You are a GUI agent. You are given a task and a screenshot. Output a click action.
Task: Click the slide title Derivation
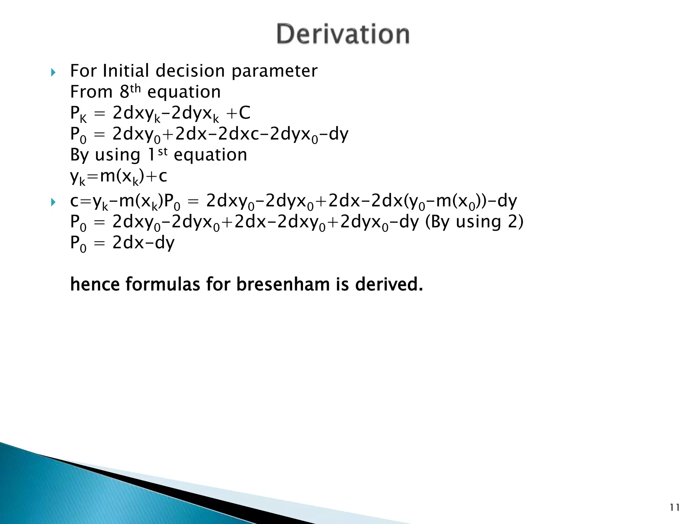343,34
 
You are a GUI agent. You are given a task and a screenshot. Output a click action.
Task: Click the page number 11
674,508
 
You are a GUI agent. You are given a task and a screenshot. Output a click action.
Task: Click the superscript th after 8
135,88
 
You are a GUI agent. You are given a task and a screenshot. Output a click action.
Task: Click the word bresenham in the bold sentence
283,284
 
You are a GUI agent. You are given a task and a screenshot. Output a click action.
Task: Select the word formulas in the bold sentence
163,284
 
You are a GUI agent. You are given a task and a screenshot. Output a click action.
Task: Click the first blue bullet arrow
53,72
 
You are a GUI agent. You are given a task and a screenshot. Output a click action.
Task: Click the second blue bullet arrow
53,203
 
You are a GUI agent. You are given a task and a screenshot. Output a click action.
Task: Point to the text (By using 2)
474,222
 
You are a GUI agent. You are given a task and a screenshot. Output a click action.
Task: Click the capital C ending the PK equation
244,113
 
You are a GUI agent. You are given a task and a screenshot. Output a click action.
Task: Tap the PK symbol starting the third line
78,114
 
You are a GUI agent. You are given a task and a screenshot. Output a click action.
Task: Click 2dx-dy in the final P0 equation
143,243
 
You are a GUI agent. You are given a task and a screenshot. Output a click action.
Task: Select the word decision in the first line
190,71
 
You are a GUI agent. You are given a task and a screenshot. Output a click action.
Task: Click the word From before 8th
91,92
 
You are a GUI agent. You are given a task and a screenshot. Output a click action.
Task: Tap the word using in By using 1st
118,156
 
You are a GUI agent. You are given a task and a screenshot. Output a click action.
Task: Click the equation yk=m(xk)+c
118,177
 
